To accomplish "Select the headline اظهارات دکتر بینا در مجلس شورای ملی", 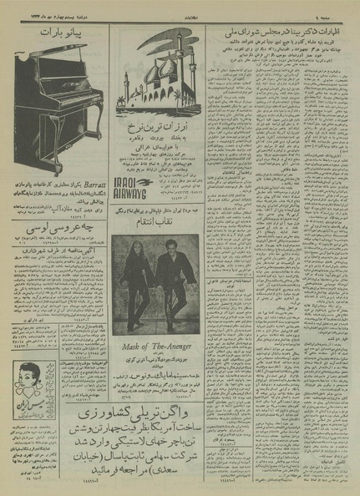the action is tap(281, 33).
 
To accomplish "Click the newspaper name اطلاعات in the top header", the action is tap(180, 8).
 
